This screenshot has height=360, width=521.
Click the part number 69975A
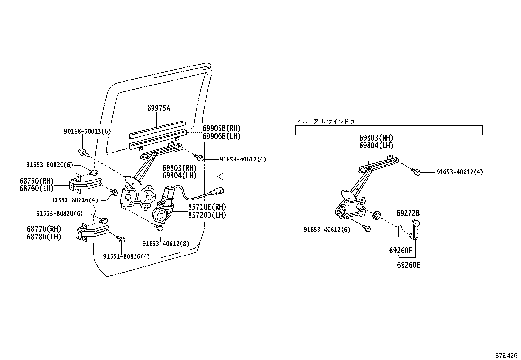click(159, 108)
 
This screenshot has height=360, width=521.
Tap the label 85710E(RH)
click(207, 207)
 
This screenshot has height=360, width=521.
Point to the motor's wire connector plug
click(220, 190)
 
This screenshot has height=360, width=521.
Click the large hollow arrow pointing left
click(255, 177)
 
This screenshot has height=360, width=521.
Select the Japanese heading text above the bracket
click(325, 121)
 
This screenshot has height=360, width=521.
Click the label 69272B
click(408, 213)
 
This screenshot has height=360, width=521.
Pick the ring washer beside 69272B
click(377, 215)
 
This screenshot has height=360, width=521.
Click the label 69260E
click(408, 265)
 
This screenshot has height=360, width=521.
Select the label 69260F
click(401, 251)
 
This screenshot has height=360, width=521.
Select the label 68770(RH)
click(44, 229)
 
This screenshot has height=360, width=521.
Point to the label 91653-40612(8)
click(166, 244)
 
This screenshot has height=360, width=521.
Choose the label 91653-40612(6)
click(327, 230)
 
